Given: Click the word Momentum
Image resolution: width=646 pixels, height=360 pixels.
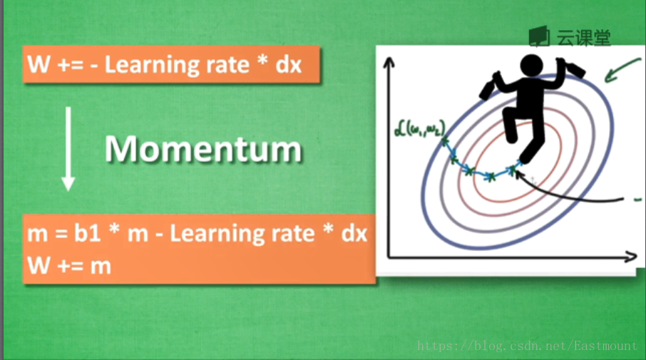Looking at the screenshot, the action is click(203, 149).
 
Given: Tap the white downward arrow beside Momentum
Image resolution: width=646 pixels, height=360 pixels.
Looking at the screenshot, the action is click(68, 149).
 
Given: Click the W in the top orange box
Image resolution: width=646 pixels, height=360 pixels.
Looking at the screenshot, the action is click(39, 65).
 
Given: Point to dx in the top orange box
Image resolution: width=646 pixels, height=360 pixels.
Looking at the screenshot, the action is click(288, 65).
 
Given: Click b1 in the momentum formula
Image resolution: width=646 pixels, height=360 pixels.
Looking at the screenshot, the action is click(87, 233).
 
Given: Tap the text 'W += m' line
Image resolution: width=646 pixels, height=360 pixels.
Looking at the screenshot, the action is click(69, 266).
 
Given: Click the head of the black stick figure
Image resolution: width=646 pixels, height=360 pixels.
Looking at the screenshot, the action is click(531, 66).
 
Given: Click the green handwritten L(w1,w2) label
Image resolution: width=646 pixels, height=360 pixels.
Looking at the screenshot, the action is click(419, 128).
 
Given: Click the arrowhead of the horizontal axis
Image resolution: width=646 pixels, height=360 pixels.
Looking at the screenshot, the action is click(631, 257).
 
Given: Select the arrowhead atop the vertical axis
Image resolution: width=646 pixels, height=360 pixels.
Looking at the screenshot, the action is click(389, 63).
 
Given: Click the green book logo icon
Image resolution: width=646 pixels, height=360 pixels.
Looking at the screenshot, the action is click(539, 36).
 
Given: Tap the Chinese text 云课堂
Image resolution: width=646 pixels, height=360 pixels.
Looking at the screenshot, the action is click(583, 38).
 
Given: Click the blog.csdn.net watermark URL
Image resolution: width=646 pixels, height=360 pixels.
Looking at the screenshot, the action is click(527, 346).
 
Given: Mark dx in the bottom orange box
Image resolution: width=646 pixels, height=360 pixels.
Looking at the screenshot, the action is click(354, 234).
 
